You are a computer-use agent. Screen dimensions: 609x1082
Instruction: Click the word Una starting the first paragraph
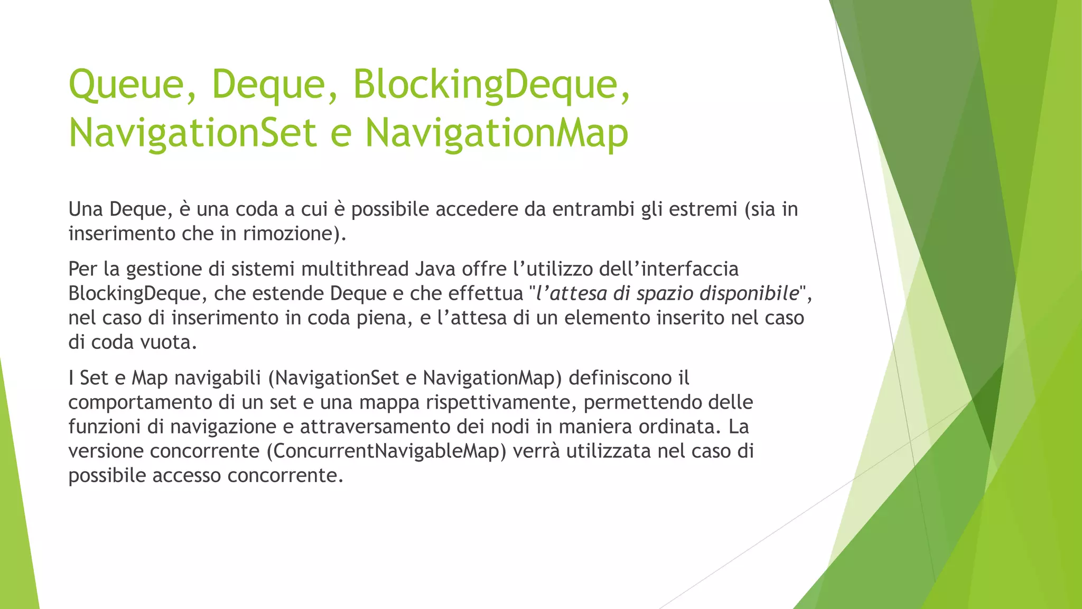point(86,209)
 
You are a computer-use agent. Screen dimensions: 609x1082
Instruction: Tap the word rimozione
point(288,234)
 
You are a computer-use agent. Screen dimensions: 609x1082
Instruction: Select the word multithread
point(355,269)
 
